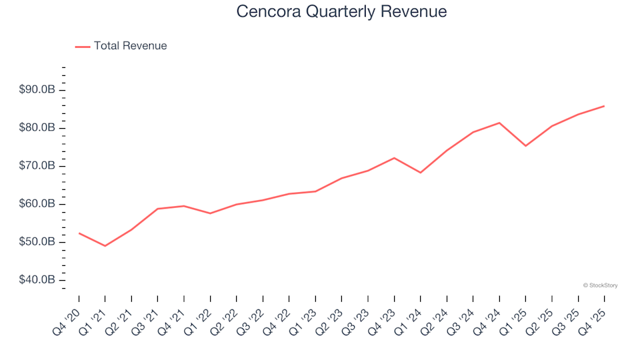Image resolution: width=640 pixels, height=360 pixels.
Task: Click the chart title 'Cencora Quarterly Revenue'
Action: click(x=341, y=12)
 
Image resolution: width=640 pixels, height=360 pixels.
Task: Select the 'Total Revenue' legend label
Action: click(x=130, y=46)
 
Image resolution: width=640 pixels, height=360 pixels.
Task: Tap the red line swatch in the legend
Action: click(x=83, y=47)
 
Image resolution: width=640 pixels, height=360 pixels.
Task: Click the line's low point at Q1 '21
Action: click(x=105, y=246)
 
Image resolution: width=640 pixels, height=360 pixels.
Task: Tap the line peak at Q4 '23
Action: click(x=394, y=158)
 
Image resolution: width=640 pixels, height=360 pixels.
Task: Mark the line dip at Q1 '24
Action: click(x=420, y=173)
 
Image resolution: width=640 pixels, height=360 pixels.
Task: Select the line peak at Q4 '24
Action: click(x=499, y=123)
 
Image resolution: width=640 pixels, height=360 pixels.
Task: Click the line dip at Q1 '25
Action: click(x=525, y=146)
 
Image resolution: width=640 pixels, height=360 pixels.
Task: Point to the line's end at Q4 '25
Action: click(x=604, y=106)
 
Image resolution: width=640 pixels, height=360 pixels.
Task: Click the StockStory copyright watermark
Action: click(x=600, y=285)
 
